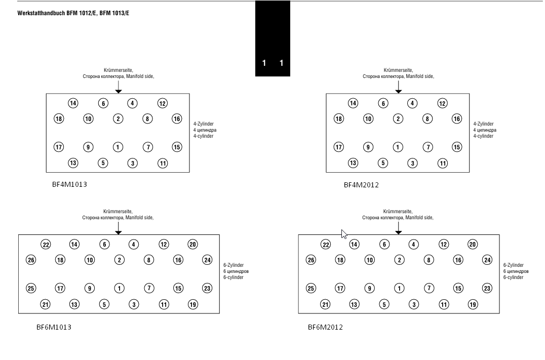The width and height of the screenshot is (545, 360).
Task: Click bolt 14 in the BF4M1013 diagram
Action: (73, 103)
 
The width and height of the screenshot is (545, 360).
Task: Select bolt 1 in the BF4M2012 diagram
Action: (398, 147)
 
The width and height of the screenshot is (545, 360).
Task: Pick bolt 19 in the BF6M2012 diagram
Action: (473, 304)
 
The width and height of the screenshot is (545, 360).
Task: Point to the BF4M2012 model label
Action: (361, 185)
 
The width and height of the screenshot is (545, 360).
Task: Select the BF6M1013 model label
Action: (54, 327)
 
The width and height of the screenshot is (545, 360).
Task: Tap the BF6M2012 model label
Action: (325, 327)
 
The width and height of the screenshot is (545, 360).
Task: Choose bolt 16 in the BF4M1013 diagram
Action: (177, 118)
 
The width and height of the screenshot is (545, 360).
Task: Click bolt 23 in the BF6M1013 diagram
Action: (207, 288)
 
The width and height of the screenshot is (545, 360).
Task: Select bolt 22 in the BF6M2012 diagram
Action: (326, 245)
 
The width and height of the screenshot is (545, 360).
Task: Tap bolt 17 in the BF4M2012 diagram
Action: (339, 147)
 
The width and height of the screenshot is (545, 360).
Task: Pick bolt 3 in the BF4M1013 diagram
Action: (133, 163)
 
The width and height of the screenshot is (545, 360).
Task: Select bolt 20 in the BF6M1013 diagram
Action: (192, 245)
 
